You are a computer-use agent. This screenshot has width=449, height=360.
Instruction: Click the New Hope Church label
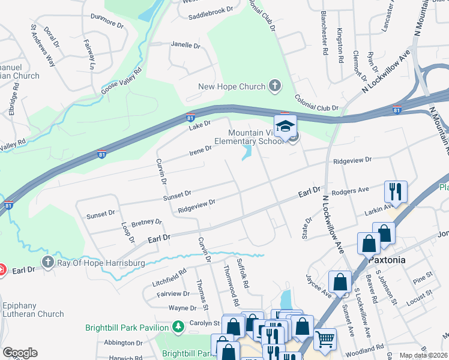click(232, 86)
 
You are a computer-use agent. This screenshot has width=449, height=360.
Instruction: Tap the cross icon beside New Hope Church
click(274, 86)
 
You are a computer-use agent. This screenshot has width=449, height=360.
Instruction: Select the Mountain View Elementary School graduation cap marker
click(286, 126)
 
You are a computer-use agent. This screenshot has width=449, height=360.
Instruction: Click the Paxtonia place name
click(388, 260)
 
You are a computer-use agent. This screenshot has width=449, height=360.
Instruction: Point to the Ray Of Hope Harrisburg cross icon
click(48, 262)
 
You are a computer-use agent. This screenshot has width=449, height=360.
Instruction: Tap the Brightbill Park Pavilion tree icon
click(178, 327)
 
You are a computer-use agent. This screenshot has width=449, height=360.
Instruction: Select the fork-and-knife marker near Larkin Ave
click(396, 191)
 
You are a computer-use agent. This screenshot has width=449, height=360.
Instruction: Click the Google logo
click(20, 353)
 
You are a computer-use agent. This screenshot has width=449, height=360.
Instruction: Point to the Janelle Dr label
click(185, 45)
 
